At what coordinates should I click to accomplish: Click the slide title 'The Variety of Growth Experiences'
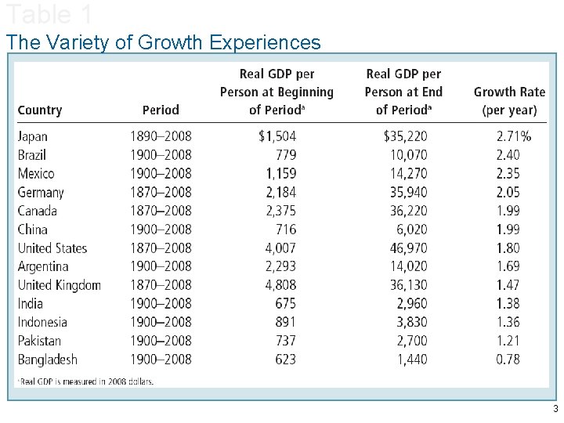click(x=163, y=42)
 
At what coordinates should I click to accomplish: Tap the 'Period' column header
click(x=161, y=110)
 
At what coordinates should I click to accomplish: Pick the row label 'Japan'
click(x=33, y=136)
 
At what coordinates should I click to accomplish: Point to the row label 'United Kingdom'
click(x=60, y=285)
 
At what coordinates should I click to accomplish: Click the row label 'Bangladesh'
click(x=47, y=360)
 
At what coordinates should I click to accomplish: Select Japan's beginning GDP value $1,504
click(x=277, y=136)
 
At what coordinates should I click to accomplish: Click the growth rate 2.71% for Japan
click(x=513, y=136)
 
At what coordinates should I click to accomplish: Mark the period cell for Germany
click(x=161, y=192)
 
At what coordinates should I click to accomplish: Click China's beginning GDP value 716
click(x=286, y=230)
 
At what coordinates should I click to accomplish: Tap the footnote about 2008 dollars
click(x=86, y=381)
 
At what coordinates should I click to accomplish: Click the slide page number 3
click(x=555, y=410)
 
